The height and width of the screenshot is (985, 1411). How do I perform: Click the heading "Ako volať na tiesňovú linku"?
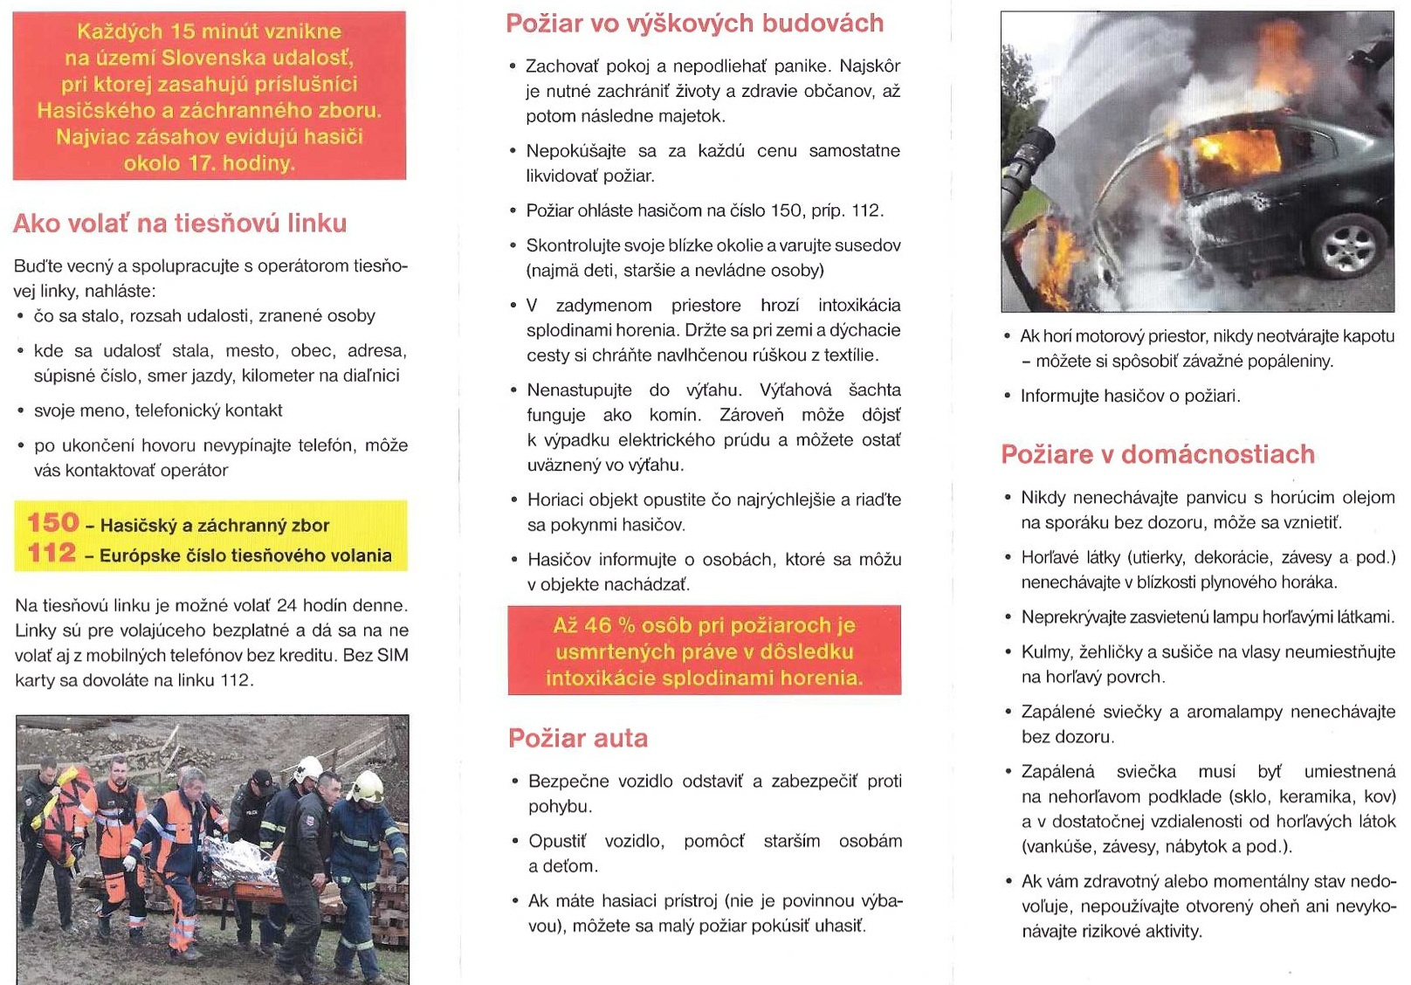click(x=180, y=224)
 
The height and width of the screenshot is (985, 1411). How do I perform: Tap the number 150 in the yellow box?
click(x=53, y=523)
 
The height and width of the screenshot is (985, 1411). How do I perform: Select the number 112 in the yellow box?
click(x=52, y=554)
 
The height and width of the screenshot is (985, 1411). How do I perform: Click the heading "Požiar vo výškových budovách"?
click(x=695, y=24)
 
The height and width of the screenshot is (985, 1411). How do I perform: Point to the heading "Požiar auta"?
click(x=578, y=739)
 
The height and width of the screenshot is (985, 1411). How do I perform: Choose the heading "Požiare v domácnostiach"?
click(x=1158, y=455)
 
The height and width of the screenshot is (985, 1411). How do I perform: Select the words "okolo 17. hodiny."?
click(x=210, y=163)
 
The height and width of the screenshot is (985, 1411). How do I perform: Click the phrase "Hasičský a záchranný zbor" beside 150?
click(x=215, y=526)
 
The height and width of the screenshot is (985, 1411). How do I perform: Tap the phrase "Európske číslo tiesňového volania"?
click(x=245, y=556)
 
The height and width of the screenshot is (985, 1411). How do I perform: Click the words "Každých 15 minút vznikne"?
click(x=210, y=31)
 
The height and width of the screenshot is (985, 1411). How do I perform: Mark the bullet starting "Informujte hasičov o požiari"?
click(x=1130, y=396)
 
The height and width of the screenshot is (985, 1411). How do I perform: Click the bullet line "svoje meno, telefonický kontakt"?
click(x=158, y=410)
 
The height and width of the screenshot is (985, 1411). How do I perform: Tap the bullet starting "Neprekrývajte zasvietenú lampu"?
click(x=1208, y=617)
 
